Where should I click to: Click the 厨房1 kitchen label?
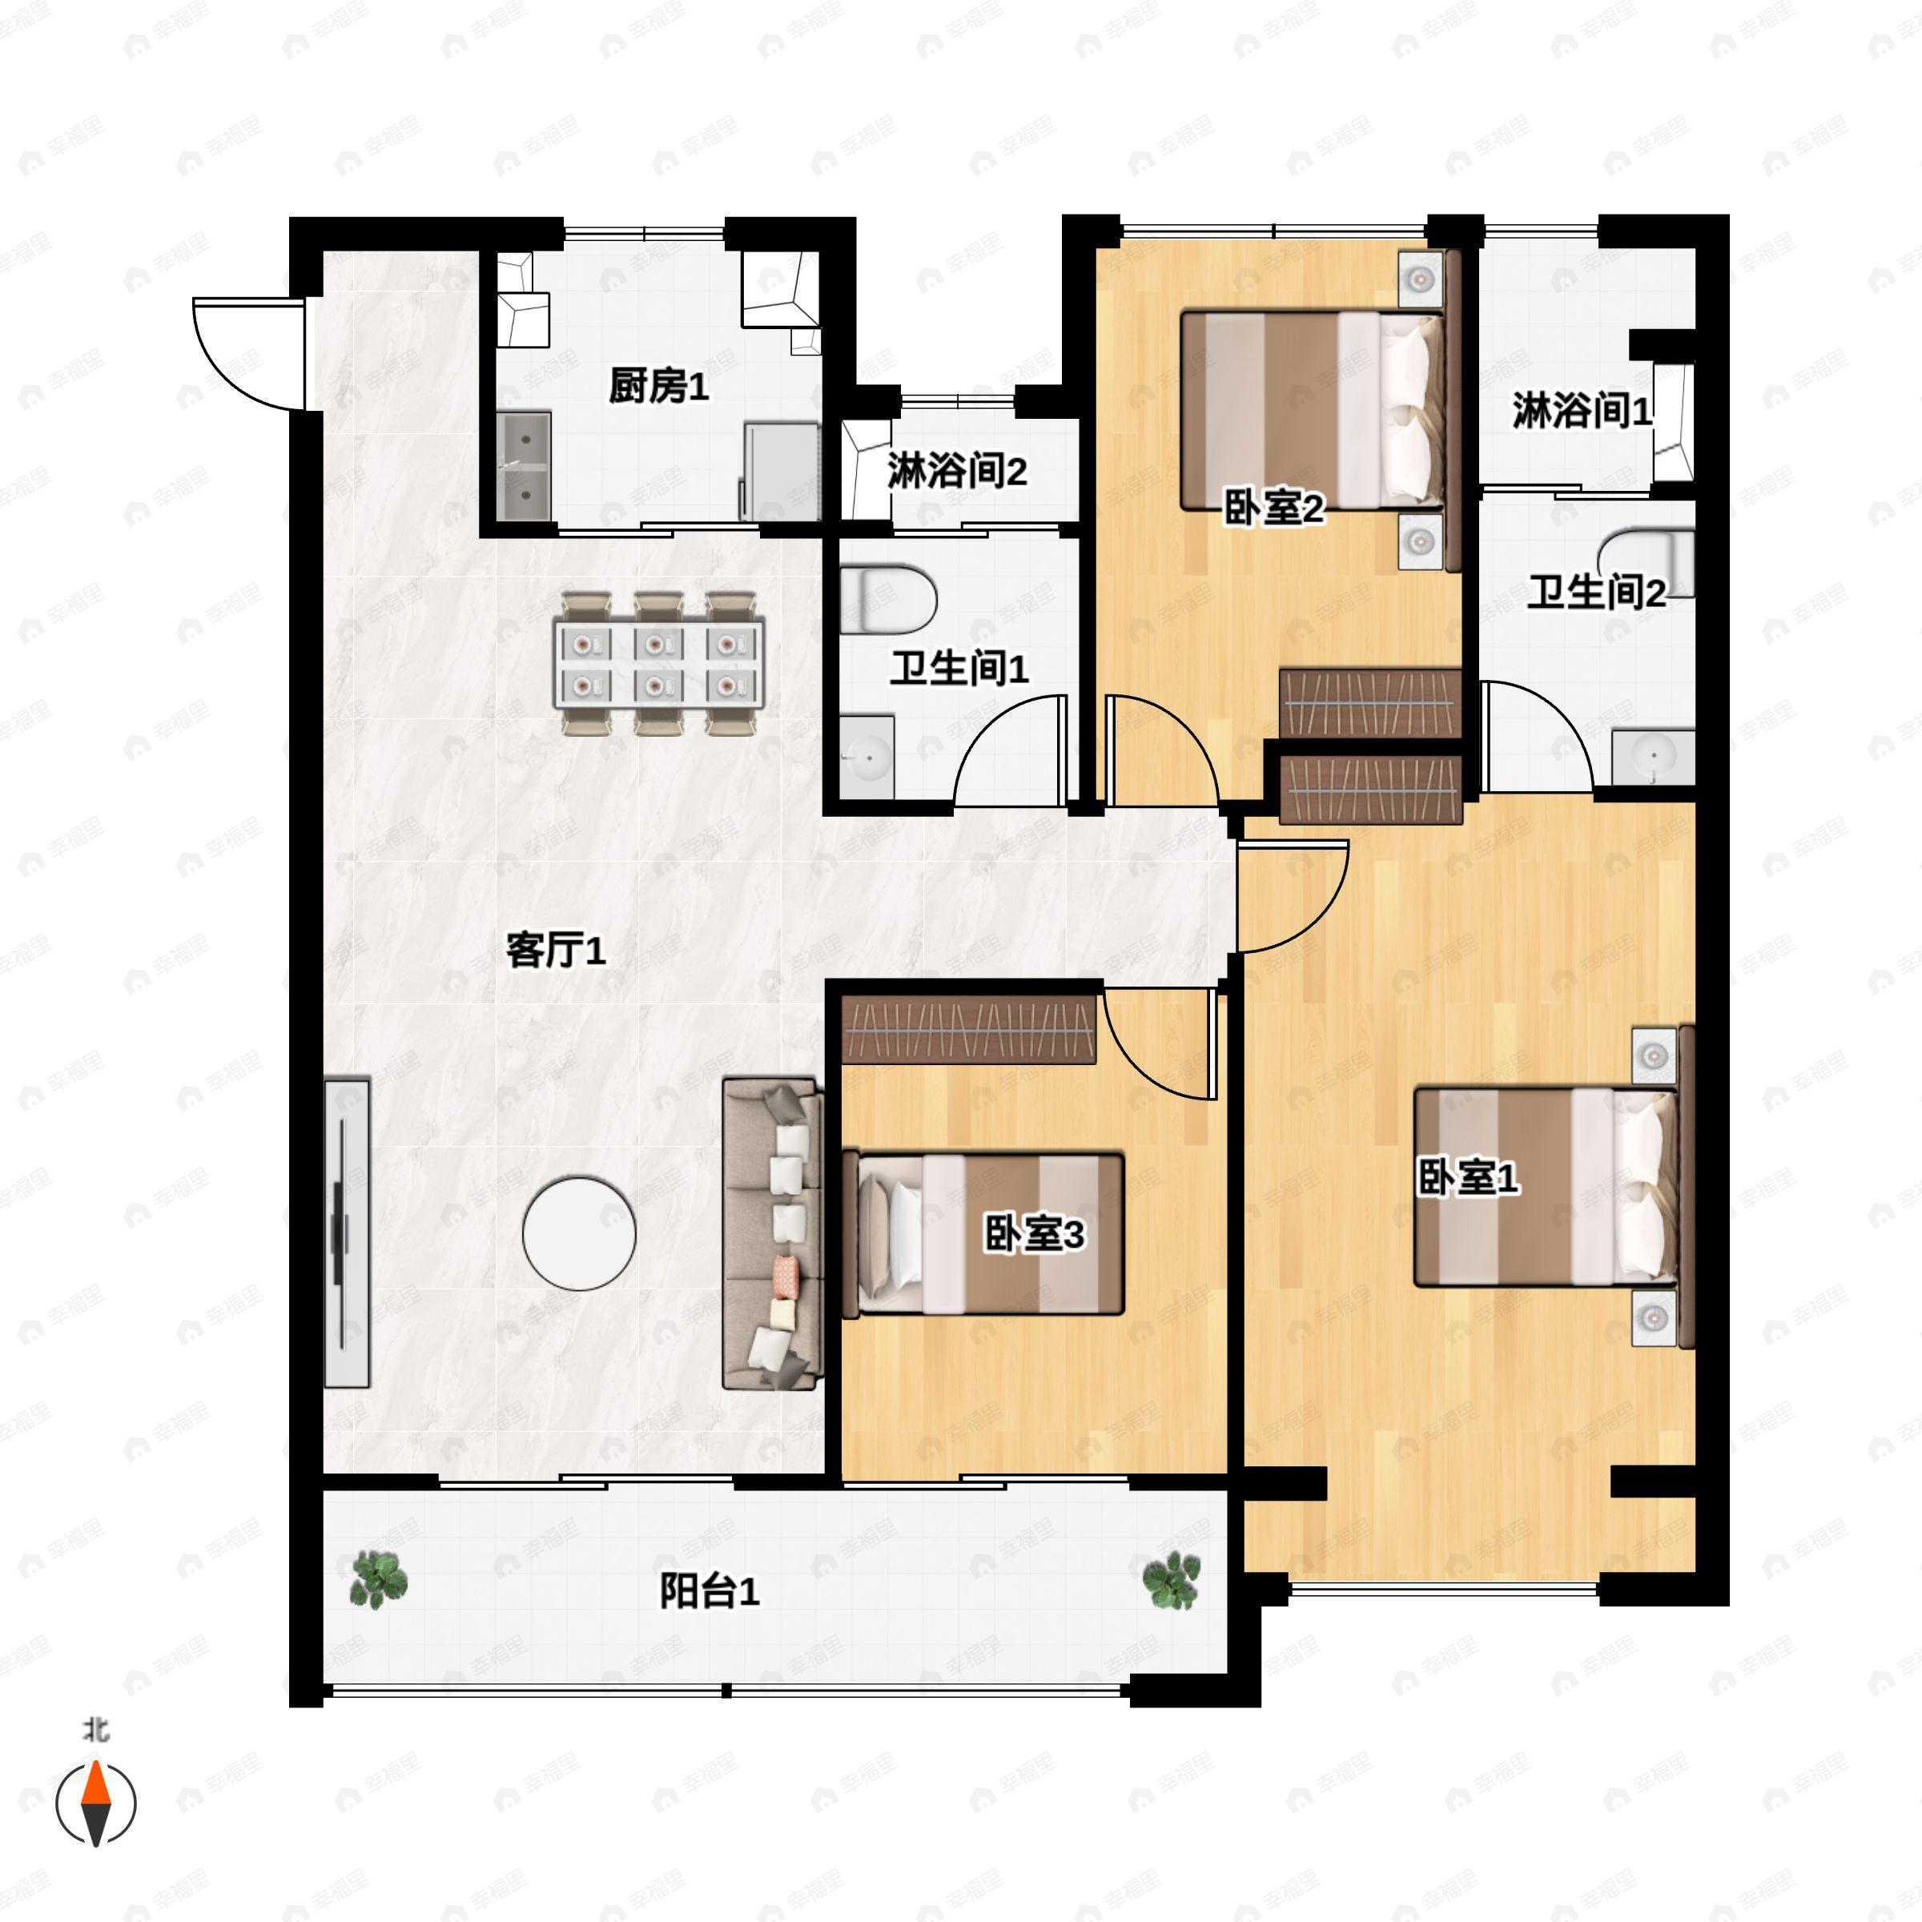click(x=658, y=385)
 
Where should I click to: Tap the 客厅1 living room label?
click(x=555, y=950)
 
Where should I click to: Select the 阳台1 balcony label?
click(x=710, y=1590)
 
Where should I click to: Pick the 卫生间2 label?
click(x=1597, y=592)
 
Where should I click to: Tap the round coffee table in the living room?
click(x=579, y=1233)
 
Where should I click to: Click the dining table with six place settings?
click(x=658, y=664)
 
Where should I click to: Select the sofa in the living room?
click(x=773, y=1233)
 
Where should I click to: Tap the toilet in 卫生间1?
click(x=887, y=599)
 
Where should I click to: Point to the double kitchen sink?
click(x=525, y=467)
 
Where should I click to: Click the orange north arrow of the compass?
click(x=95, y=1783)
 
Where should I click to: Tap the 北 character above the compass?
click(x=95, y=1730)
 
